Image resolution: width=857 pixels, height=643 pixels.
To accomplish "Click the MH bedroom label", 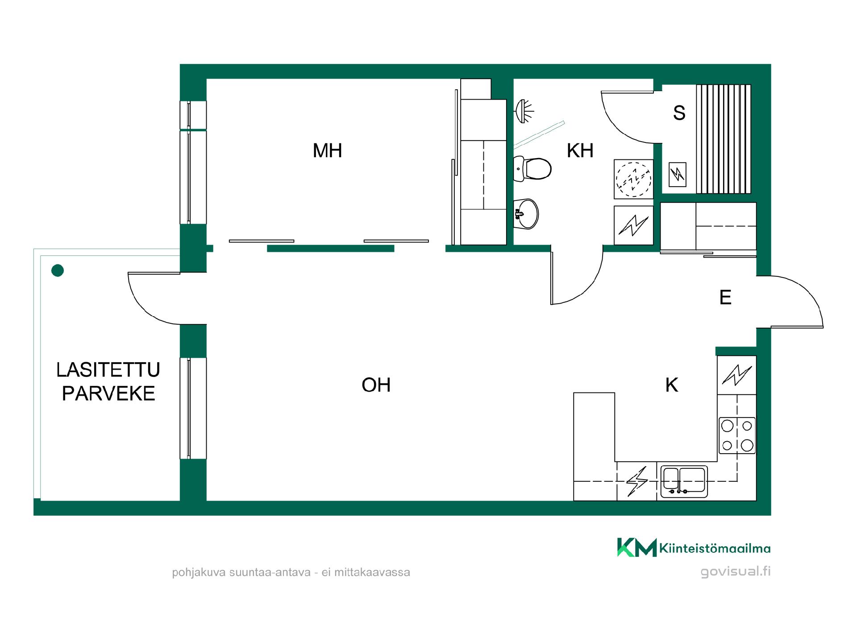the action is pos(327,151).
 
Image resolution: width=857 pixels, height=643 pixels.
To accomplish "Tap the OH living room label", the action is pos(376,385).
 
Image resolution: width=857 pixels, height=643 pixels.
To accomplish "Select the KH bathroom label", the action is pos(580,151).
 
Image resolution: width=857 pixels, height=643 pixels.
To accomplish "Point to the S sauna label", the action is pos(679,113).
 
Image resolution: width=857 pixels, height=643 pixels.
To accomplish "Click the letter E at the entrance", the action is pos(725,297).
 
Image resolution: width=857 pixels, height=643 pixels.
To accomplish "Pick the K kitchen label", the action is pos(671,385).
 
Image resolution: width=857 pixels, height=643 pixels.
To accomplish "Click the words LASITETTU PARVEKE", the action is pos(108,381).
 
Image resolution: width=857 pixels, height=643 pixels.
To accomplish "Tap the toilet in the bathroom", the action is pos(532,169).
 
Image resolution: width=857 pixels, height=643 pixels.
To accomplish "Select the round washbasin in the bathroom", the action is pos(526,214).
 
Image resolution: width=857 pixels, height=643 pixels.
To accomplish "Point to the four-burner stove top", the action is pos(737,435).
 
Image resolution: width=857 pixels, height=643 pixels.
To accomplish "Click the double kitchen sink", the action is pos(684,481).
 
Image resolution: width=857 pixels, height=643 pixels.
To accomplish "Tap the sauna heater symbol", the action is pos(678,174).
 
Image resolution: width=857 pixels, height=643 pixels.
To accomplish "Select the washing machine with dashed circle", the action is pos(633,179).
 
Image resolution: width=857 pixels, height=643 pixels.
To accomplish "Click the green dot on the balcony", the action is pos(58,270).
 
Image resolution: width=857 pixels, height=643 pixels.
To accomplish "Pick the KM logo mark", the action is pos(637,547).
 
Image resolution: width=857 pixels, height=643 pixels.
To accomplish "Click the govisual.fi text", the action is pos(736,572).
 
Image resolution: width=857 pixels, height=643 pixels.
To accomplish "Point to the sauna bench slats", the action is pos(724,139).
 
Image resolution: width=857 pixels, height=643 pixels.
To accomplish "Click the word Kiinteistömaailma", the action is pos(715,548).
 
